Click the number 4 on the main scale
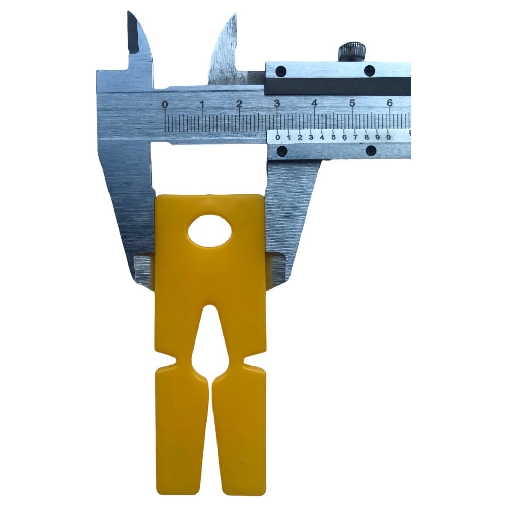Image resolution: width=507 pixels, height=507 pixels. click(x=314, y=103)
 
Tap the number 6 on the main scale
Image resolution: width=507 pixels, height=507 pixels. click(x=389, y=103)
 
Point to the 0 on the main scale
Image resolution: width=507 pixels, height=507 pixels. click(x=165, y=105)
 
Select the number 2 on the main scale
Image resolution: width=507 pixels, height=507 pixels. click(x=239, y=104)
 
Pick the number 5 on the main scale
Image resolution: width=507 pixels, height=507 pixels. click(x=352, y=103)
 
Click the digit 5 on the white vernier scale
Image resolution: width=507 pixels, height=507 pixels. click(x=333, y=137)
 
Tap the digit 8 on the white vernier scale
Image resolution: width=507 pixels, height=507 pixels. click(x=367, y=137)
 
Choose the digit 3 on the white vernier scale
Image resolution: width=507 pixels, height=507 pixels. click(x=311, y=137)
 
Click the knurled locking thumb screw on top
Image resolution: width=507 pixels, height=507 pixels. click(x=352, y=52)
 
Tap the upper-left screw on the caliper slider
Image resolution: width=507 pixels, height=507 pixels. click(x=281, y=70)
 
